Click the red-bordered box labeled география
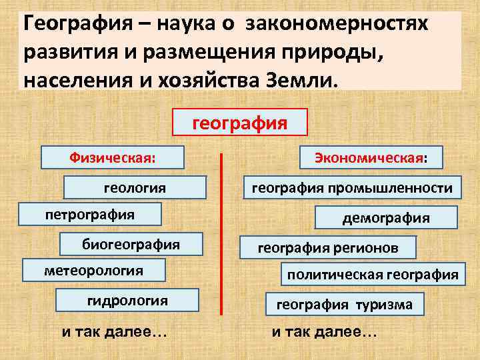coord(240,123)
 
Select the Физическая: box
coord(113,158)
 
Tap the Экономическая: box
coord(373,158)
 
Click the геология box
coord(135,187)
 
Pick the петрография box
coord(89,215)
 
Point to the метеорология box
coord(93,271)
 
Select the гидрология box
coord(127,300)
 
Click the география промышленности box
coord(351,187)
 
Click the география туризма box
coord(345,305)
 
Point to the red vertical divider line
coord(221,233)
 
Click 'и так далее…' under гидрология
coord(114,332)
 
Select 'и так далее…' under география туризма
coord(324,332)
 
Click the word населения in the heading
coord(67,81)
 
